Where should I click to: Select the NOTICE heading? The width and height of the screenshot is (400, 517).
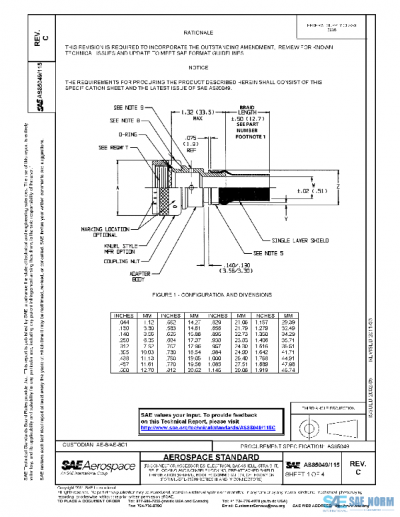tap(198, 68)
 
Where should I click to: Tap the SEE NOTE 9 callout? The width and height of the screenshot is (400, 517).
tap(129, 107)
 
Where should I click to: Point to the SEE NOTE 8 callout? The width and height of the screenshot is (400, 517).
tap(124, 121)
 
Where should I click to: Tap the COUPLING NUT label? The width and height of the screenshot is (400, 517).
tap(119, 262)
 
